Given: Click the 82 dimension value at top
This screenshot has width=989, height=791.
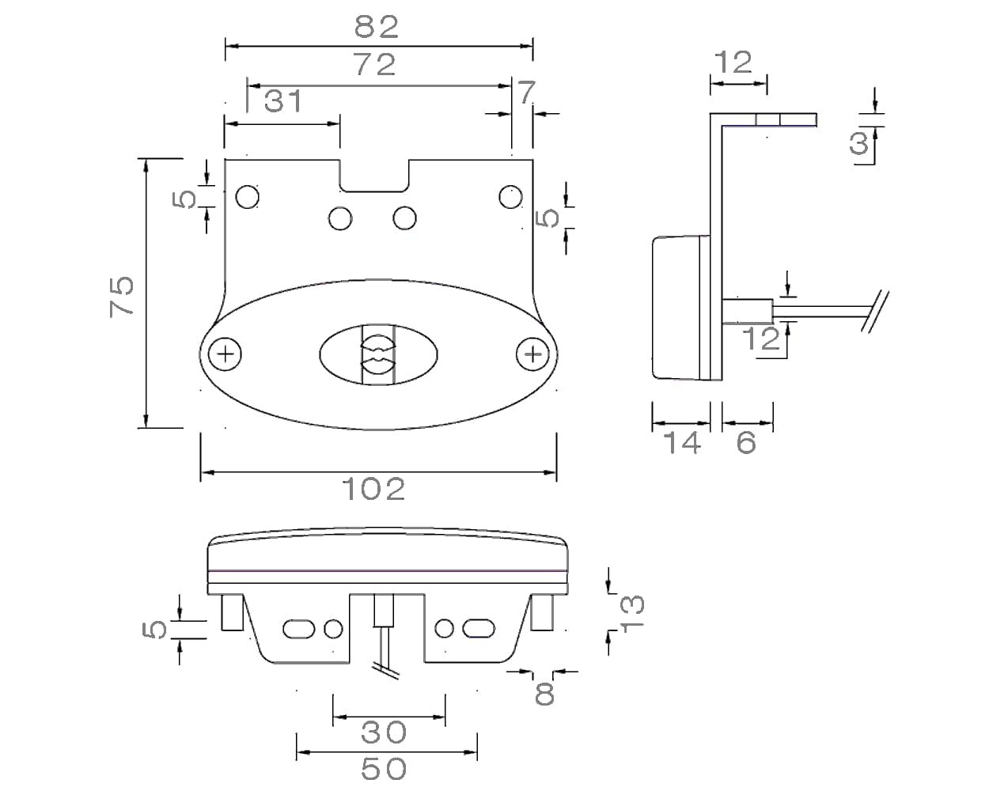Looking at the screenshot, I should click(x=377, y=27).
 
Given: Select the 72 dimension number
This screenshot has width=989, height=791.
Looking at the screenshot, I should click(x=375, y=65).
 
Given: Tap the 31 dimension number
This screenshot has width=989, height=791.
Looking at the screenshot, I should click(x=282, y=101).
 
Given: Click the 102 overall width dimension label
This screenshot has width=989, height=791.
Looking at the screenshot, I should click(x=373, y=490).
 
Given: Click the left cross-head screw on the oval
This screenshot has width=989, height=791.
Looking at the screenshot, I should click(x=226, y=354).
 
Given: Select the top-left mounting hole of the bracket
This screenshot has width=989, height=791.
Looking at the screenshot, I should click(x=248, y=195).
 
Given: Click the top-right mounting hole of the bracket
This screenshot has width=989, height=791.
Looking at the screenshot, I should click(x=510, y=195).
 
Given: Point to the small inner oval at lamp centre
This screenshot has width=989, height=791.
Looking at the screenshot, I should click(x=378, y=355).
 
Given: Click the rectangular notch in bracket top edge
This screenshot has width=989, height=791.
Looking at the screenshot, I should click(x=375, y=176).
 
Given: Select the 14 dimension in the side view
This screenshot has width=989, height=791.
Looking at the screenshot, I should click(x=681, y=443).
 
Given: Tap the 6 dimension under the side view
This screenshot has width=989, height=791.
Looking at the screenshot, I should click(x=746, y=443).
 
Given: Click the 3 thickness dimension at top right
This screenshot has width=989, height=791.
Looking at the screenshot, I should click(x=858, y=143).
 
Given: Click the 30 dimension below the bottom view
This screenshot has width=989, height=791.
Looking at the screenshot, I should click(x=384, y=733).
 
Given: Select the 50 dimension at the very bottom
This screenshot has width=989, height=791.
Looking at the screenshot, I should click(x=384, y=768).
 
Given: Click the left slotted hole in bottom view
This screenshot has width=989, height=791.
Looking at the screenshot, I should click(x=297, y=629).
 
